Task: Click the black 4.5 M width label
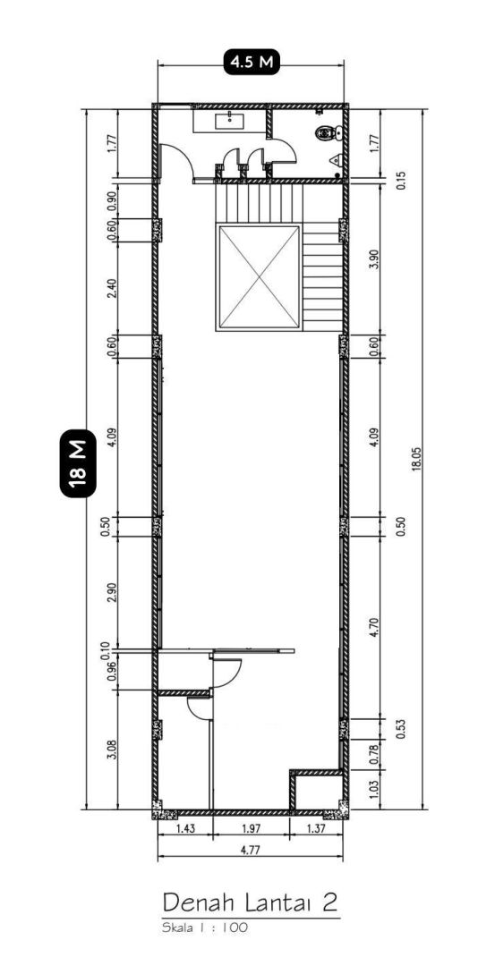(x=251, y=63)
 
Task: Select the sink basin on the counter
(x=229, y=121)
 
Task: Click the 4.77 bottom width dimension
(x=250, y=851)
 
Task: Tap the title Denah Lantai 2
(x=251, y=902)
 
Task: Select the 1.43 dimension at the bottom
(x=186, y=829)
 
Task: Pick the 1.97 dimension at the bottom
(x=251, y=829)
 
